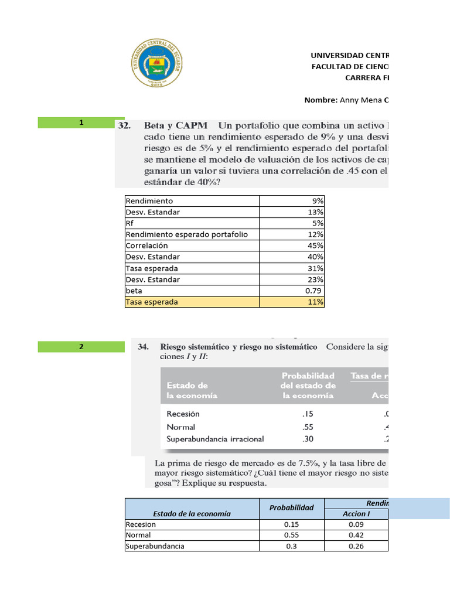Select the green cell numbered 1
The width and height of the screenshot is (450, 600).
(x=81, y=122)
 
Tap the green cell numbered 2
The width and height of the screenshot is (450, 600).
(x=81, y=347)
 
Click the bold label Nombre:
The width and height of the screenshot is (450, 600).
(x=321, y=100)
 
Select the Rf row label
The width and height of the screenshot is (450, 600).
(x=129, y=223)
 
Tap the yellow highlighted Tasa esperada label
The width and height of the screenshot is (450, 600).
(x=152, y=302)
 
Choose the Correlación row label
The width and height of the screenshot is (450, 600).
(x=146, y=246)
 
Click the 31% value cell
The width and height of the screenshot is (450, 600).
(x=316, y=268)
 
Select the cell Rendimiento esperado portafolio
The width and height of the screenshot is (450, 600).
(x=186, y=234)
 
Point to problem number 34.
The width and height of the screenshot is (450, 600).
(x=143, y=347)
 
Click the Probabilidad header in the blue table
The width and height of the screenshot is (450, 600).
(x=291, y=508)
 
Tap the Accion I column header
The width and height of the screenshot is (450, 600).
(x=356, y=514)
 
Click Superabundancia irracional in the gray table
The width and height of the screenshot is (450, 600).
(x=215, y=439)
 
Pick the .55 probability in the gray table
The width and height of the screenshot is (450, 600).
(x=308, y=427)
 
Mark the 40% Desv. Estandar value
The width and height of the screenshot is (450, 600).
(x=316, y=257)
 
